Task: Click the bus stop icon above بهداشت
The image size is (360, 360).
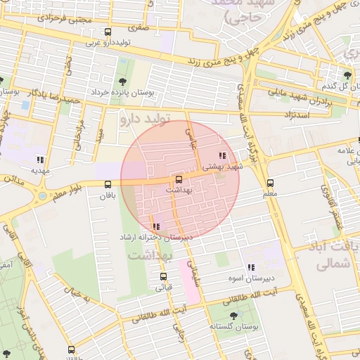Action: (179, 179)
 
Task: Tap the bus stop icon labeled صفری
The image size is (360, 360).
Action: (108, 32)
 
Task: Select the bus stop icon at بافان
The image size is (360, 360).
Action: (107, 184)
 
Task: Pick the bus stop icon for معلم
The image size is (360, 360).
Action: (271, 181)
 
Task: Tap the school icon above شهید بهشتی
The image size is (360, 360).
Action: (222, 155)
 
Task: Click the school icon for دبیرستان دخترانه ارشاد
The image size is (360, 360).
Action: (155, 226)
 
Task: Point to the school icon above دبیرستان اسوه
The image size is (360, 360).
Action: (251, 267)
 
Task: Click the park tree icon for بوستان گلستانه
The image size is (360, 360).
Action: (233, 316)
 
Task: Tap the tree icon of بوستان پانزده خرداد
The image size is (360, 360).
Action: (113, 82)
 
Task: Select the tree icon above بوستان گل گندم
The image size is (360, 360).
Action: (347, 75)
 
